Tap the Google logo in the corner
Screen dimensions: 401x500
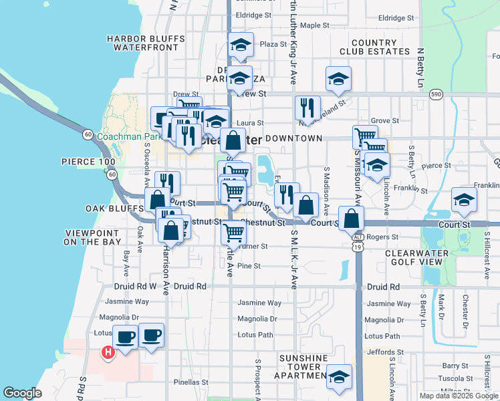point(22,393)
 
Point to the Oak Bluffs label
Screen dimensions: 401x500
point(111,209)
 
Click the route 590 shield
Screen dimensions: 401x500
point(436,94)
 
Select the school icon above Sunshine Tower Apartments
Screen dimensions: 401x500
point(339,378)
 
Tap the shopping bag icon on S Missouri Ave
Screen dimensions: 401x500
point(351,219)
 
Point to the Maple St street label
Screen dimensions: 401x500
point(315,25)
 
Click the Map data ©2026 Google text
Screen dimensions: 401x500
point(458,396)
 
